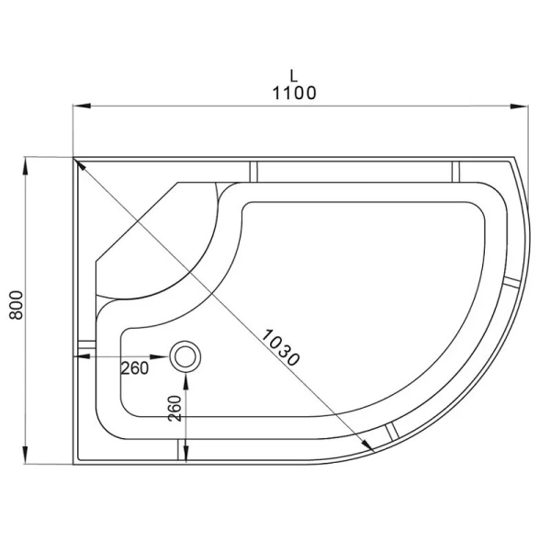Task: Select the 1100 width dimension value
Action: pos(294,93)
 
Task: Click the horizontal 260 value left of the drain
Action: pos(135,367)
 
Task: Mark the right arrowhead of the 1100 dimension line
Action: pos(523,106)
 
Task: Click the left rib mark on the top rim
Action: pos(256,170)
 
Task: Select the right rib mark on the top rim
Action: pos(454,170)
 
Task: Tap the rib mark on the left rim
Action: pos(86,346)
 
